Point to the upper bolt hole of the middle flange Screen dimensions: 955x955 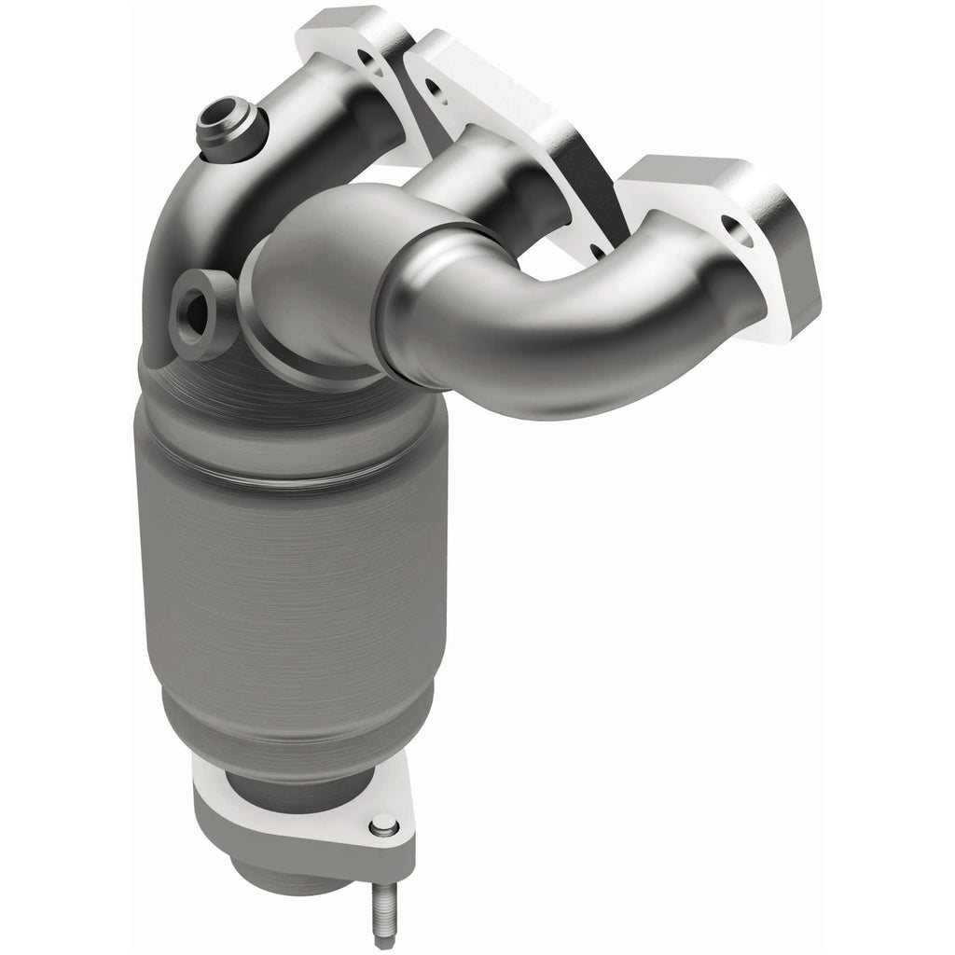pos(433,90)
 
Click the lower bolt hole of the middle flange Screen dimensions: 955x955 pos(594,249)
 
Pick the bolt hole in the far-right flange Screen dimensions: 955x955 pos(736,228)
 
